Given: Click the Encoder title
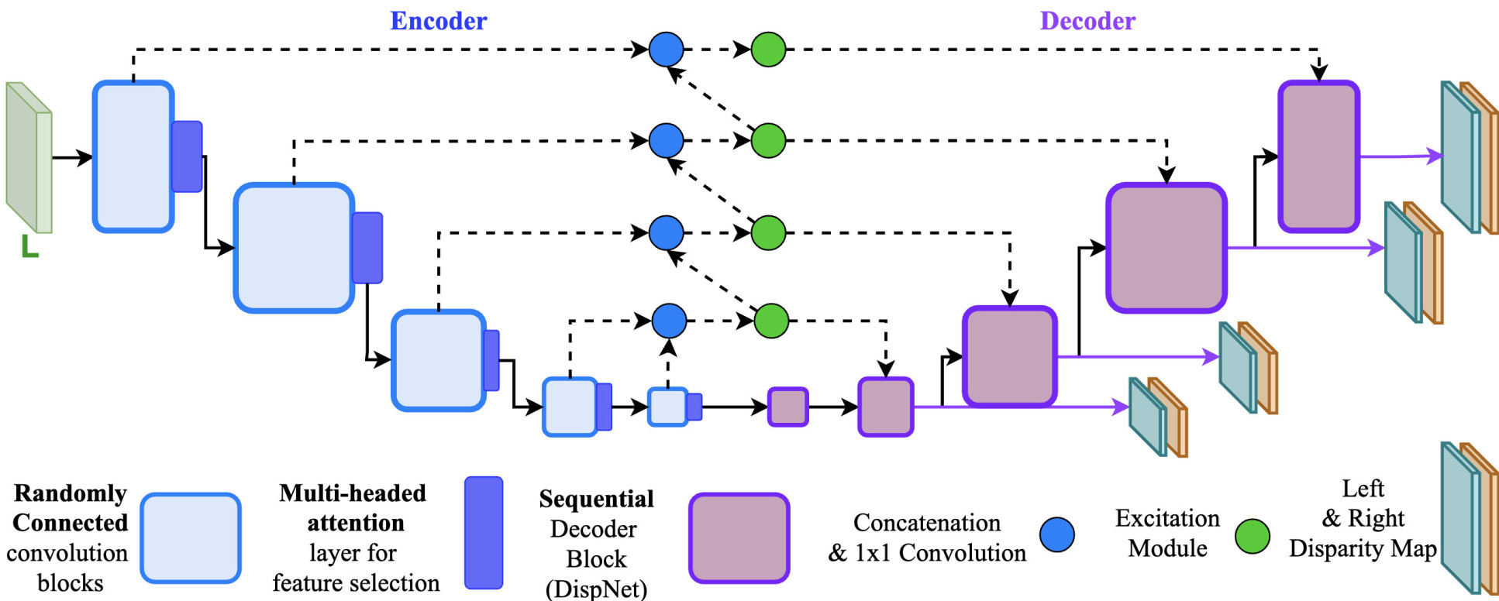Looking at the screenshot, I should tap(438, 21).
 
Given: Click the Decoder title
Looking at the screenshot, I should tap(1087, 21).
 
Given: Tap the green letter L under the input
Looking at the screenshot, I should tap(29, 246).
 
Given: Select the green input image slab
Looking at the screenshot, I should tap(29, 158).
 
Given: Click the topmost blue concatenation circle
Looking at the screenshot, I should tap(666, 50).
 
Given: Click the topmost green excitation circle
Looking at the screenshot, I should tap(768, 50).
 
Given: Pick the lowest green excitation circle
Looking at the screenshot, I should tap(771, 321).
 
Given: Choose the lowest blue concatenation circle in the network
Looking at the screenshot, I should tap(669, 321).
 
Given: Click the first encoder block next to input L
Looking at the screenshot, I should tap(133, 156).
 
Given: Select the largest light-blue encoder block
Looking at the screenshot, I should tap(294, 248).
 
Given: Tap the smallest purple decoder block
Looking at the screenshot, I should tap(787, 407).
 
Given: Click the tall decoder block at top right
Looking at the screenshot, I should tap(1318, 156).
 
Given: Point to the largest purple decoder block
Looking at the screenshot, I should tap(1166, 248).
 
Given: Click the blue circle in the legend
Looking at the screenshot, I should tap(1056, 535).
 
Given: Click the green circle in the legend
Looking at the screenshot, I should tap(1252, 536).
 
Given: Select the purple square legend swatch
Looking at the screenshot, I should tap(739, 537).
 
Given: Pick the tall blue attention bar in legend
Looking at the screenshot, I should tap(484, 532).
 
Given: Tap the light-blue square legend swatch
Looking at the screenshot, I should tap(191, 537).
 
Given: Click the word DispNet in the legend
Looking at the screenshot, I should tap(597, 589).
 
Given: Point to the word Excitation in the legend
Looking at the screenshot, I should tap(1167, 518).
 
